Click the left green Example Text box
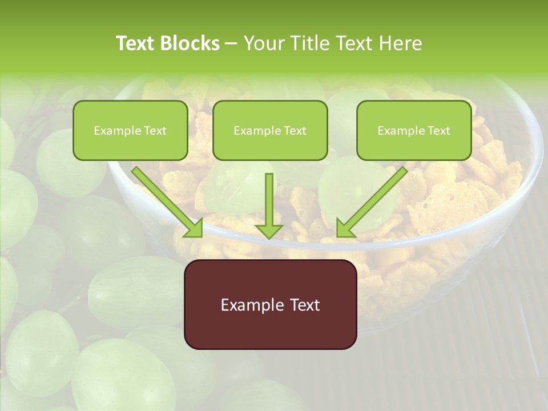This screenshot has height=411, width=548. click(x=130, y=130)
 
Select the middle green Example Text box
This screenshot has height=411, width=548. click(x=270, y=130)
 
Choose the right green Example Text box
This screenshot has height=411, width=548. click(x=414, y=130)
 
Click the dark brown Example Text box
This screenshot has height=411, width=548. click(x=270, y=304)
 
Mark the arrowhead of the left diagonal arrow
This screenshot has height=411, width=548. click(x=194, y=228)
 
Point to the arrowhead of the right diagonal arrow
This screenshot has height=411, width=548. click(x=345, y=228)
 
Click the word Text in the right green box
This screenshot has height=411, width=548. click(x=439, y=131)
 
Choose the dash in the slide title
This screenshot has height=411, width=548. click(x=231, y=43)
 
